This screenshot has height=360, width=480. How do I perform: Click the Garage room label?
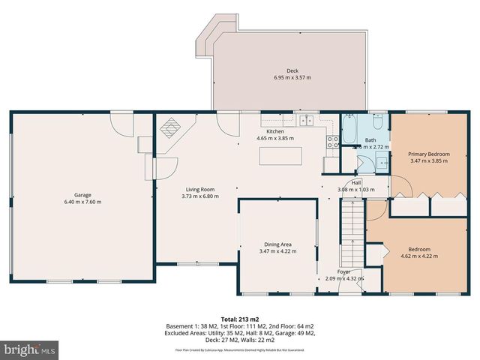click(x=82, y=196)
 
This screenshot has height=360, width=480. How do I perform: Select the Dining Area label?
click(x=277, y=244)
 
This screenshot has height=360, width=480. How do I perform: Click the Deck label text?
click(x=291, y=70)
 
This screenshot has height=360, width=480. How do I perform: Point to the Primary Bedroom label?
click(x=429, y=153)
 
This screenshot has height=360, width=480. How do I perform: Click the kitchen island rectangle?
click(x=283, y=156)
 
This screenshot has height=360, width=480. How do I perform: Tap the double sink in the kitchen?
click(x=306, y=120)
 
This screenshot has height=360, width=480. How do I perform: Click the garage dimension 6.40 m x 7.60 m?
click(x=82, y=202)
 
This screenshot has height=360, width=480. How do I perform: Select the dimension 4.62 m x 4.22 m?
click(x=418, y=256)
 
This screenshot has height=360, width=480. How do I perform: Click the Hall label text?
click(x=355, y=182)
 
